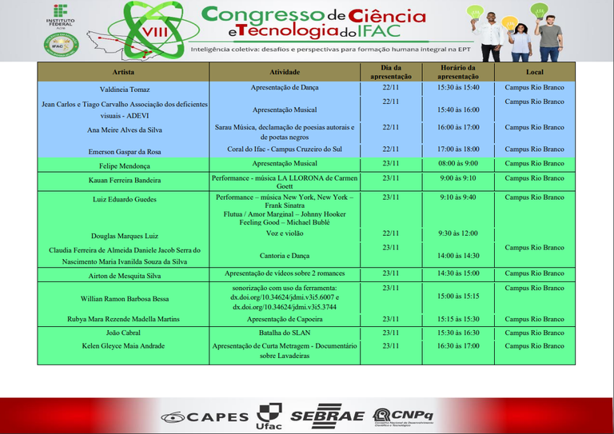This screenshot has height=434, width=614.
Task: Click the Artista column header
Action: point(123,72)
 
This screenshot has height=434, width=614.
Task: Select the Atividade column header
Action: point(285,72)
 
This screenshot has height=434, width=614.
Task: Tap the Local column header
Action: point(534,72)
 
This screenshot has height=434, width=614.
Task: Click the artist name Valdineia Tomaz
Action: point(125,90)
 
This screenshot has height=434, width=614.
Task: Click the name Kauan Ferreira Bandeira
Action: point(124,181)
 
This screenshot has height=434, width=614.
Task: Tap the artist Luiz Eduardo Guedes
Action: point(124,199)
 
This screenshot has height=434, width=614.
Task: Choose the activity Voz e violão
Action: point(285,233)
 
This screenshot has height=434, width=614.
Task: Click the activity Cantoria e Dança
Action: point(285,256)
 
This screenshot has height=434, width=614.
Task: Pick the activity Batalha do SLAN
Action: point(285,332)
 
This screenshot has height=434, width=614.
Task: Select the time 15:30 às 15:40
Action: point(458,87)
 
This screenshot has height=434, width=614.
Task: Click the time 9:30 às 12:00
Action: point(458,233)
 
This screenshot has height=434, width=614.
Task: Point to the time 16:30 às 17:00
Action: point(458,346)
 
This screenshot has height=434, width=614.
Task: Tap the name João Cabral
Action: point(124,332)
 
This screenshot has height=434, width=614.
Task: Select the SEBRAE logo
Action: point(326,416)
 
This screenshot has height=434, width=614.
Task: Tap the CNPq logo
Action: point(403,416)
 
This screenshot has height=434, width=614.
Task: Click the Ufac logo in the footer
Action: point(269,416)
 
